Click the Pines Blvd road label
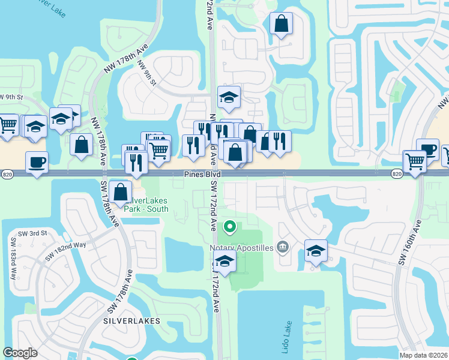tap(202, 174)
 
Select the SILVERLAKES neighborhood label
tap(131, 321)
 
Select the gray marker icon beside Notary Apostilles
tap(283, 247)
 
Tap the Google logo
tap(20, 353)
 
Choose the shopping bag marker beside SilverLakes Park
tap(121, 192)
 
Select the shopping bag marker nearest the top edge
tap(281, 25)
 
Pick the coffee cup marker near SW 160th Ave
tap(427, 149)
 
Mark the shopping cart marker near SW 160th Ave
tap(415, 161)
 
